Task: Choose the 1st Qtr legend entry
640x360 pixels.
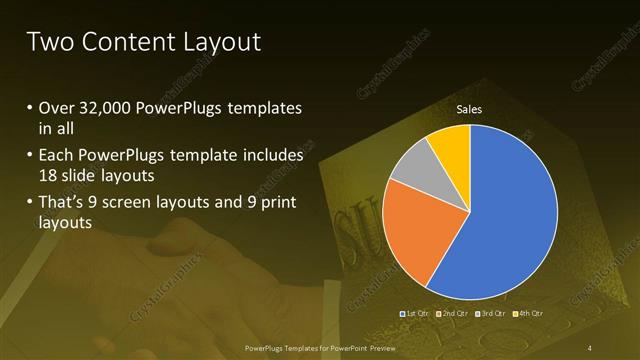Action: pos(415,314)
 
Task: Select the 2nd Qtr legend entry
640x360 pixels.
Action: pos(452,314)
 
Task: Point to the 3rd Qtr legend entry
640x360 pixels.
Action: pos(491,314)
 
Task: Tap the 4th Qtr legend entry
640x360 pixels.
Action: pos(528,314)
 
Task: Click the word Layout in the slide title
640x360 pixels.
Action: pos(218,41)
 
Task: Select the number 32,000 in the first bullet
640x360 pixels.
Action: pos(110,108)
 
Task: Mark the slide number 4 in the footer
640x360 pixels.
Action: pos(589,347)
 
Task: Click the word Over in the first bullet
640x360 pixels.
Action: pos(56,108)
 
